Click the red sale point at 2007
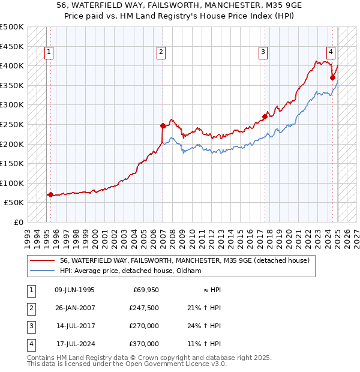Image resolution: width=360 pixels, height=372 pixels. coord(163,125)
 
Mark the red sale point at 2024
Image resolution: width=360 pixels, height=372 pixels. coord(332,77)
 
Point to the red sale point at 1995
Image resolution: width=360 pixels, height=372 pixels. coord(50,194)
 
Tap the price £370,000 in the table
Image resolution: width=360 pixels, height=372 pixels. coord(144,344)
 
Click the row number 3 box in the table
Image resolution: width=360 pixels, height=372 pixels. coord(30,326)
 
